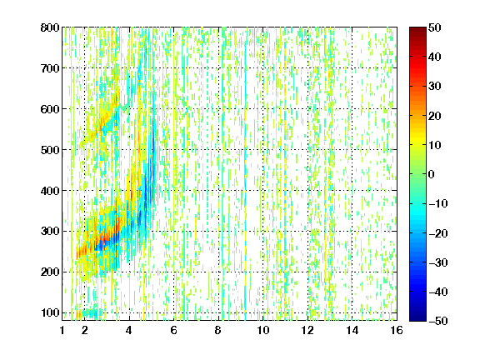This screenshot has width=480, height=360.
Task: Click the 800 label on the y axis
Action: (50, 27)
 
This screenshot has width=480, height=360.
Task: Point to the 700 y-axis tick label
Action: (50, 68)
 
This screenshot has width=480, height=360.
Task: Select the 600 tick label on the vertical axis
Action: (50, 109)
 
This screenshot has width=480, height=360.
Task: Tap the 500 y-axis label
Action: (50, 150)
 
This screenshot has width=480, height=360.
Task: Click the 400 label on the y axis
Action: (50, 191)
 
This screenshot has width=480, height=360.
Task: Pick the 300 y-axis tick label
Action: (50, 231)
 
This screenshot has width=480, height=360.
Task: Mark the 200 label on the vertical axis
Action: (50, 272)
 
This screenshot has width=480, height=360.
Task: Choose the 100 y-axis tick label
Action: (50, 312)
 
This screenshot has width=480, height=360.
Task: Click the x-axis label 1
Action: (62, 330)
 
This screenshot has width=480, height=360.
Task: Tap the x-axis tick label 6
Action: (173, 330)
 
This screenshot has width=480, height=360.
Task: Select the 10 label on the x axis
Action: (263, 330)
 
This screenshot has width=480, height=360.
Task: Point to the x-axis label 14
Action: (352, 330)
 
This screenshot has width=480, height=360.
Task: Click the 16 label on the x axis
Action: (397, 330)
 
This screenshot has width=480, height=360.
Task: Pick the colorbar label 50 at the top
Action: (434, 27)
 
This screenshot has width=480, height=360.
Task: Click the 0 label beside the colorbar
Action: (432, 174)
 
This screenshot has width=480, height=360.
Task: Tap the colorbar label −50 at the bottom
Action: (438, 321)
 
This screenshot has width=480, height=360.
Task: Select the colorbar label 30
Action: (434, 86)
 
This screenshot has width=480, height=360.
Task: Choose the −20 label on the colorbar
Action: (438, 233)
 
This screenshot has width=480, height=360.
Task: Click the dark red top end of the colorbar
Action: (417, 30)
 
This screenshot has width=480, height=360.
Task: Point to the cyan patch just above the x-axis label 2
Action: (91, 312)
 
